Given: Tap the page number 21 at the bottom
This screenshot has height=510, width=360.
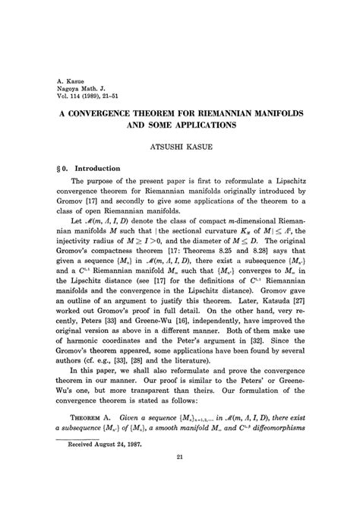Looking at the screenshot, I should (179, 499).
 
